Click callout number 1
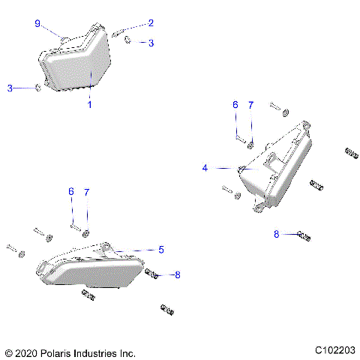point(89,105)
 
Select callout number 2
point(151,23)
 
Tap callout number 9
point(37,24)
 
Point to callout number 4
point(205,169)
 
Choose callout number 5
point(161,249)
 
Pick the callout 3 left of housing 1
point(10,88)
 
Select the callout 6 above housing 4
point(235,105)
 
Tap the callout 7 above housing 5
point(86,193)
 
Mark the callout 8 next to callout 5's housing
point(177,275)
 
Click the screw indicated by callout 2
point(120,32)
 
